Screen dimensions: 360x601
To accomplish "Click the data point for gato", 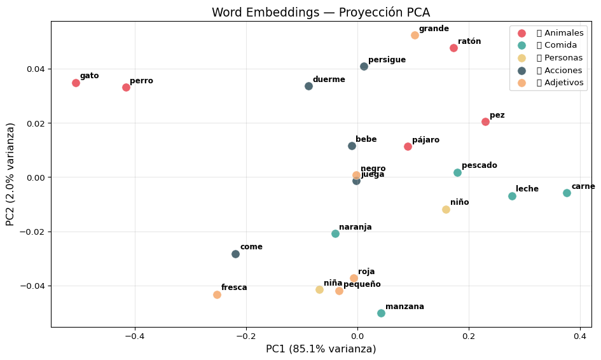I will (x=76, y=83).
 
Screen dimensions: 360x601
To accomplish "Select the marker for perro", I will (x=126, y=87).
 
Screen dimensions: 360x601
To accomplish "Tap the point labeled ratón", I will (x=453, y=48).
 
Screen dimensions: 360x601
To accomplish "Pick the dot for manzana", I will (x=381, y=313).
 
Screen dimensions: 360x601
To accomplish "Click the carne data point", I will (x=567, y=193).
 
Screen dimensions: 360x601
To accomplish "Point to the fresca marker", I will (x=217, y=294).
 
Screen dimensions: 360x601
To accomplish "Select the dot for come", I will (x=235, y=254).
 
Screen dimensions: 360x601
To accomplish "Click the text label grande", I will (x=434, y=29).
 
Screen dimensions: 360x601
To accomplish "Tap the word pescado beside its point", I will (x=479, y=166).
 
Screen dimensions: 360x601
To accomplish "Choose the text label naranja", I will (x=355, y=228).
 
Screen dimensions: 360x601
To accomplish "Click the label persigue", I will (x=387, y=60).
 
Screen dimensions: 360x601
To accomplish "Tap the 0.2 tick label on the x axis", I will (x=469, y=336).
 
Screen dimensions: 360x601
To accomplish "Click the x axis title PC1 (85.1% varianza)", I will (x=321, y=349).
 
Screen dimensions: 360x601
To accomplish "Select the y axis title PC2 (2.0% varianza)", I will (x=11, y=174).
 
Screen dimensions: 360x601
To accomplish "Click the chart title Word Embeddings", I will (x=321, y=13).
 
